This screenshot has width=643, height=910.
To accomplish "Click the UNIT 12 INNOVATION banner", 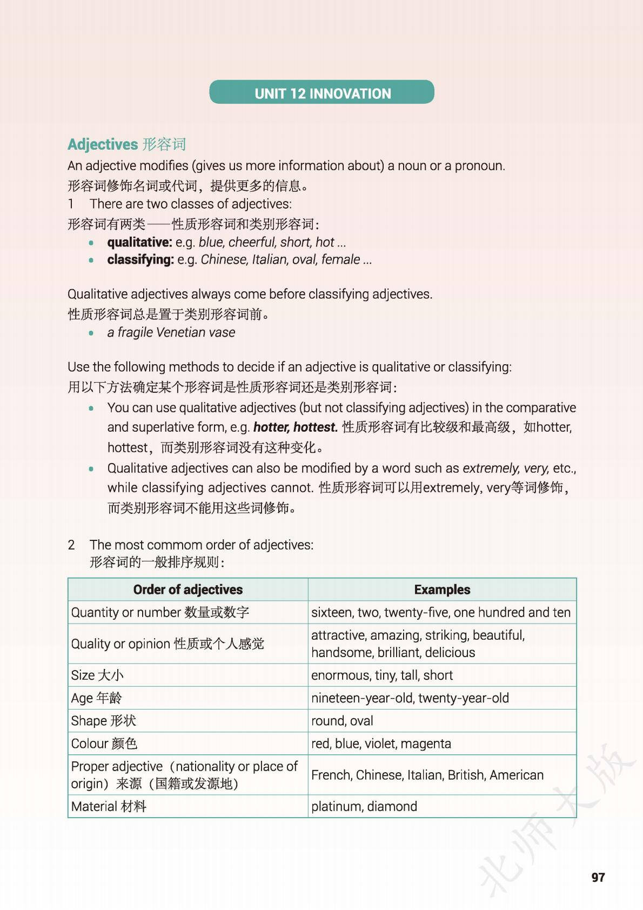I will [x=322, y=93].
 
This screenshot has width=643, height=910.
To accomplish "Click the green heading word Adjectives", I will [x=103, y=144].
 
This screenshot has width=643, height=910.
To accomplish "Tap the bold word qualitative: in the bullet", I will [x=139, y=242].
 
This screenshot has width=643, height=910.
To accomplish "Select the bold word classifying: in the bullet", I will [x=140, y=259].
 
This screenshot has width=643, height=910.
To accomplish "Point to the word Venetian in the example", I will [x=180, y=332].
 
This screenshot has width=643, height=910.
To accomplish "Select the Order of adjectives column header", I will [x=187, y=590].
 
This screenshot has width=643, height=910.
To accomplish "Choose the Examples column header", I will [x=442, y=590].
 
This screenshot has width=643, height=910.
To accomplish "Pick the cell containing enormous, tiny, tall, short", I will [x=381, y=675].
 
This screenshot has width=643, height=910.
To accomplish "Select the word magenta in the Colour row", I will [x=426, y=744].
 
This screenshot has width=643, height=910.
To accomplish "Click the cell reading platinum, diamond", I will [x=364, y=806].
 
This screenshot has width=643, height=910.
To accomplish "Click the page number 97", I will [x=598, y=877].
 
